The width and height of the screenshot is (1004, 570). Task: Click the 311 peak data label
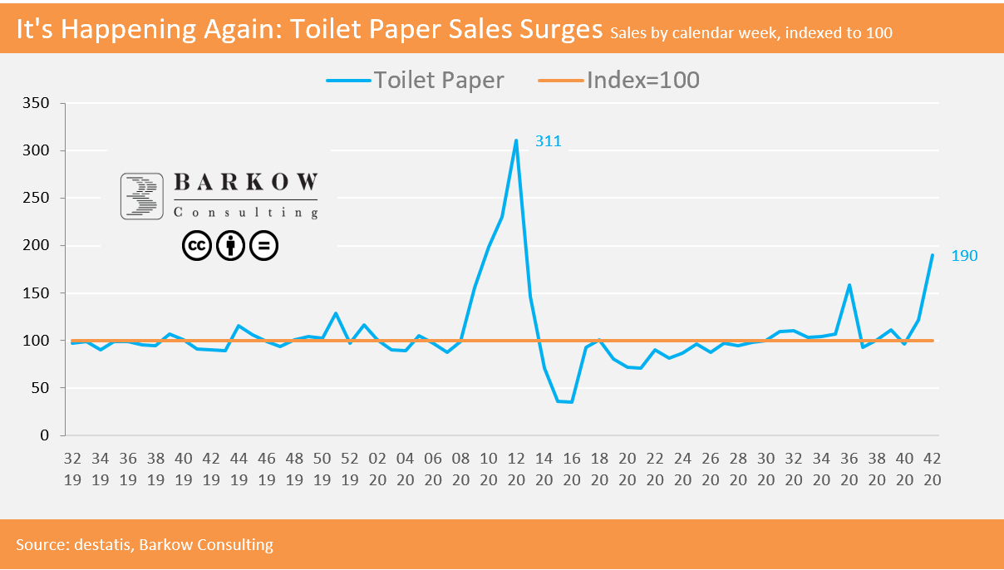tap(548, 141)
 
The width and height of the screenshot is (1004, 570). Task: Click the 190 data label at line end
tap(964, 256)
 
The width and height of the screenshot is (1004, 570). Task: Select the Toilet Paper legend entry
tap(416, 81)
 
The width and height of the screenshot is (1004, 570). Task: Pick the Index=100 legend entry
tap(618, 81)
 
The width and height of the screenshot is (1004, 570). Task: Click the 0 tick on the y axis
tap(46, 435)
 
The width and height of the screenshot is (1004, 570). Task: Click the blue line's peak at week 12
tap(516, 140)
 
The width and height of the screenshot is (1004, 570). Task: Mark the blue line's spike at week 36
tap(849, 285)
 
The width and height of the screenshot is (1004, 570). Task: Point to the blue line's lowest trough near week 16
tap(571, 402)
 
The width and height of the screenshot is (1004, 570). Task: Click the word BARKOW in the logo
tap(245, 184)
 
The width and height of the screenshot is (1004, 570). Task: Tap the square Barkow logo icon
tap(141, 196)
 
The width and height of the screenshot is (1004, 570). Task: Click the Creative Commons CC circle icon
tap(196, 245)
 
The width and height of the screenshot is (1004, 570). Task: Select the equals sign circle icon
tap(264, 245)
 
